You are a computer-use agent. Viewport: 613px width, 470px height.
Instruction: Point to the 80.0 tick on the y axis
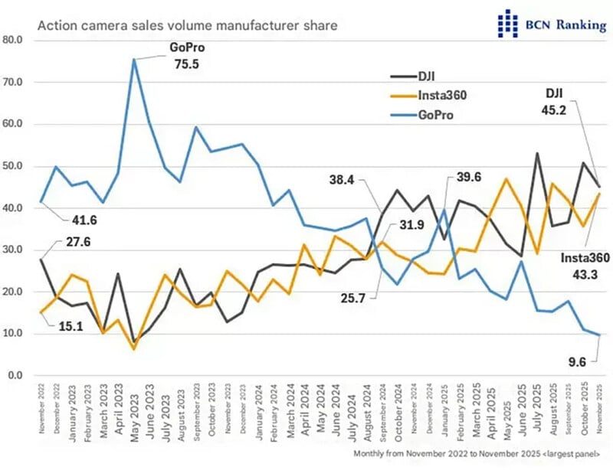click(15, 40)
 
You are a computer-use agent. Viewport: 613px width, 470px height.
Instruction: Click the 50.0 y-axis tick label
click(15, 166)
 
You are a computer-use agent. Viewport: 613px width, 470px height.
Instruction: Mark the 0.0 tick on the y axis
click(18, 376)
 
